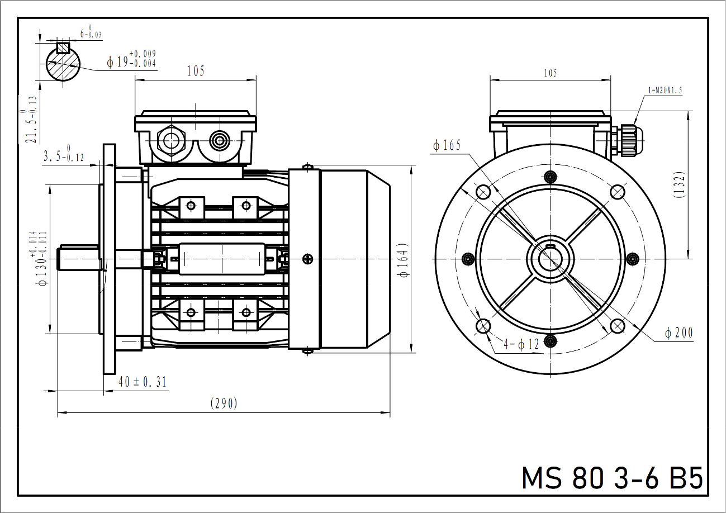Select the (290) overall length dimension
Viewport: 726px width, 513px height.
pyautogui.click(x=224, y=403)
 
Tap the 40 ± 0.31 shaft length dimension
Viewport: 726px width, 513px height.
pyautogui.click(x=143, y=382)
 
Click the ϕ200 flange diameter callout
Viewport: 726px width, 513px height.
pyautogui.click(x=678, y=333)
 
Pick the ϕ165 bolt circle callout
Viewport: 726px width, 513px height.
pyautogui.click(x=447, y=146)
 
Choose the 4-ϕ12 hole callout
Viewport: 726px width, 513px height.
pyautogui.click(x=521, y=344)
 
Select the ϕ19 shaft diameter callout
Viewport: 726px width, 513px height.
pyautogui.click(x=131, y=61)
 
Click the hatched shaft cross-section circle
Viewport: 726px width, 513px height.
pyautogui.click(x=61, y=64)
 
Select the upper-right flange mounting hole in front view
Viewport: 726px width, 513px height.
pyautogui.click(x=617, y=192)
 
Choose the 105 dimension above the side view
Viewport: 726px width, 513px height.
pyautogui.click(x=196, y=71)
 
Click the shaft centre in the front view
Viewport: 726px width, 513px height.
pyautogui.click(x=551, y=259)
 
